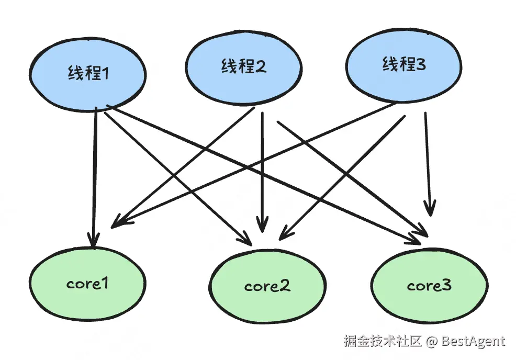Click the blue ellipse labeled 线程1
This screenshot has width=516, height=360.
(x=87, y=74)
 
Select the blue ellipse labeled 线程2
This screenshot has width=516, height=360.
(x=243, y=67)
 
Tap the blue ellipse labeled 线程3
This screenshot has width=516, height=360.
(x=404, y=65)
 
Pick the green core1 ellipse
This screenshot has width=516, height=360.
(x=87, y=283)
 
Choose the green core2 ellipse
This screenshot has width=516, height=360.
(x=267, y=286)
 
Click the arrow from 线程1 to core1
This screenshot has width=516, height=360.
(x=95, y=178)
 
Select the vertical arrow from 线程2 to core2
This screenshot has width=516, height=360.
(x=262, y=172)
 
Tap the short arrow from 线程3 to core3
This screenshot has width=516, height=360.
(x=428, y=164)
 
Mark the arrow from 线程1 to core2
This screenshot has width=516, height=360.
(x=178, y=179)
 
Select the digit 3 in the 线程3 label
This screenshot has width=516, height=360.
(x=420, y=64)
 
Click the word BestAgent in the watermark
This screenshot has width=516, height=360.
(x=473, y=341)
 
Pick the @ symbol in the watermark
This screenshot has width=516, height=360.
(x=431, y=341)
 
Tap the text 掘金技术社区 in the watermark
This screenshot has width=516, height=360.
(x=383, y=341)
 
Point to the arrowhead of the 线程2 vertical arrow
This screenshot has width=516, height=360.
(x=262, y=224)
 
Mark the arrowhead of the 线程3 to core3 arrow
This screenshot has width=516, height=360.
(x=430, y=208)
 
